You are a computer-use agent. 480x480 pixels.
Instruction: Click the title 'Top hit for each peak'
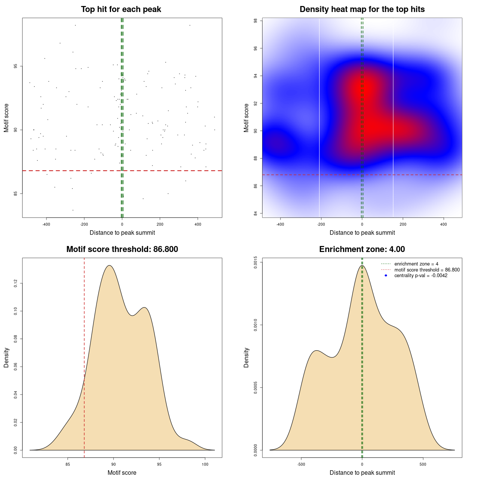121,9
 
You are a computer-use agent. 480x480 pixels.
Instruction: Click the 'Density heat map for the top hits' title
362,9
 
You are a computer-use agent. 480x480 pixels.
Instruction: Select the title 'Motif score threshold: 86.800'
122,249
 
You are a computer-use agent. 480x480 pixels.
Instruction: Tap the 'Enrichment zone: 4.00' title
362,249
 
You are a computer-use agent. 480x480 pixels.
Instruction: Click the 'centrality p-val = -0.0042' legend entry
421,276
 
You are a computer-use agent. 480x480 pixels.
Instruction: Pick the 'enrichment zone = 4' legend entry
416,264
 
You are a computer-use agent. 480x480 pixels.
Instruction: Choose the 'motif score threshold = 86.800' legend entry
427,270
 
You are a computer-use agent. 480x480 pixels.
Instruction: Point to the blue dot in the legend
386,276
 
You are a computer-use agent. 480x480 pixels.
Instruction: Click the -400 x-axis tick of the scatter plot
46,224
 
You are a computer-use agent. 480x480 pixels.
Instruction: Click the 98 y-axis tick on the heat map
256,21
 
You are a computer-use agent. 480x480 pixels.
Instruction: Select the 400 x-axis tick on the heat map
444,224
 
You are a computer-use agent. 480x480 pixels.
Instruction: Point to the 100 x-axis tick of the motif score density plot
205,464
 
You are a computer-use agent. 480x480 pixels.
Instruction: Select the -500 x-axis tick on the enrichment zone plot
301,464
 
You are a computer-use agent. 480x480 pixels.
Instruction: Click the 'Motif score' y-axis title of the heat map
246,118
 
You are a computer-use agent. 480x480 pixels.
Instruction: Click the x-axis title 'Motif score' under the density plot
122,472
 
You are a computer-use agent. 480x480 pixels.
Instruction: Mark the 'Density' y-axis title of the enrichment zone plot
246,357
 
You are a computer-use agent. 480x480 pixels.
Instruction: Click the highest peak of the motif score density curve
109,265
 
